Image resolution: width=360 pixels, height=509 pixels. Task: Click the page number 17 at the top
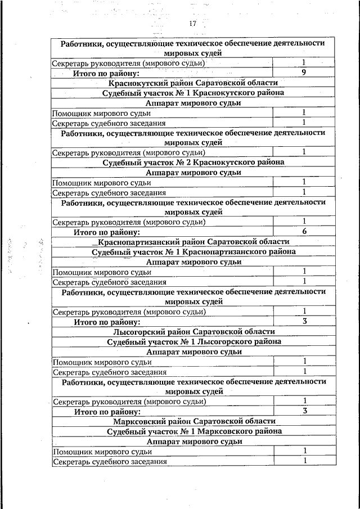click(192, 24)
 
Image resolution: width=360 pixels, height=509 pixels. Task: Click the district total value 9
click(303, 73)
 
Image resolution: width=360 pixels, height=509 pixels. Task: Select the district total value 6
click(304, 231)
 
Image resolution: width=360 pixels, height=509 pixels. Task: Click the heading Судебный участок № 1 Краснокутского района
click(193, 93)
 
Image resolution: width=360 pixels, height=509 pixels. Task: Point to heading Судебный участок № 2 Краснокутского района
click(193, 162)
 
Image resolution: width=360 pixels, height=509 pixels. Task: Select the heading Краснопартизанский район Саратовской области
click(193, 242)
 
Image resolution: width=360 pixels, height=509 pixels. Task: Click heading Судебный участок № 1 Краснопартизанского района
click(193, 252)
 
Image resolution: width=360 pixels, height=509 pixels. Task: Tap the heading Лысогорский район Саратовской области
click(193, 332)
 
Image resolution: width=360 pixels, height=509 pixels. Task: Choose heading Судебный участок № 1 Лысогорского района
click(193, 341)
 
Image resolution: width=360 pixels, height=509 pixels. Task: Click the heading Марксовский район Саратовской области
click(193, 421)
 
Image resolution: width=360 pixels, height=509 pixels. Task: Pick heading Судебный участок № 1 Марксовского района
click(193, 431)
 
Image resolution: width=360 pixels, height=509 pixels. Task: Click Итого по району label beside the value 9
click(106, 73)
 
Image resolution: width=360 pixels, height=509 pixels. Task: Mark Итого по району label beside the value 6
click(106, 232)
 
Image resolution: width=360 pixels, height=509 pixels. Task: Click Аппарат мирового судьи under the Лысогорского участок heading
click(193, 352)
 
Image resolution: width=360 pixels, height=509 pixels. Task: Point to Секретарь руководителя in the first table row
click(128, 63)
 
